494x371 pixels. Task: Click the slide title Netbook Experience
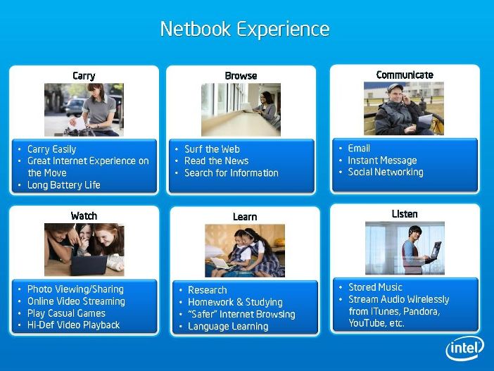pos(245,30)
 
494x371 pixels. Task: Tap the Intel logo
pos(465,348)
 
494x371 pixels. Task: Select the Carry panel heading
pos(84,76)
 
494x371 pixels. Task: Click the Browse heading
pos(241,75)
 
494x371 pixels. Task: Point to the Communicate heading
pos(405,75)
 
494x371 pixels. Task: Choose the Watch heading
pos(84,216)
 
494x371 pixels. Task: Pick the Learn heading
pos(245,217)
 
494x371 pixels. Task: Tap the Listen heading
pos(405,214)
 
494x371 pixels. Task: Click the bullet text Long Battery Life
pos(64,185)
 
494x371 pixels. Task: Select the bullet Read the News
pos(217,161)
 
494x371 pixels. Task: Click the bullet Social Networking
pos(386,172)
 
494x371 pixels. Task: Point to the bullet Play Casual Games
pos(66,313)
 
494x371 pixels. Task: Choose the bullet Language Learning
pos(228,326)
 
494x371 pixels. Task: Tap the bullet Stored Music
pos(375,287)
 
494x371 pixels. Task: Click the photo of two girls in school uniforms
pos(245,251)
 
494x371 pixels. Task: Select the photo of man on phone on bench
pos(404,108)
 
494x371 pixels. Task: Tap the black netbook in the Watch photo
pos(89,265)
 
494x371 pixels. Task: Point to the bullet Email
pos(359,148)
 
